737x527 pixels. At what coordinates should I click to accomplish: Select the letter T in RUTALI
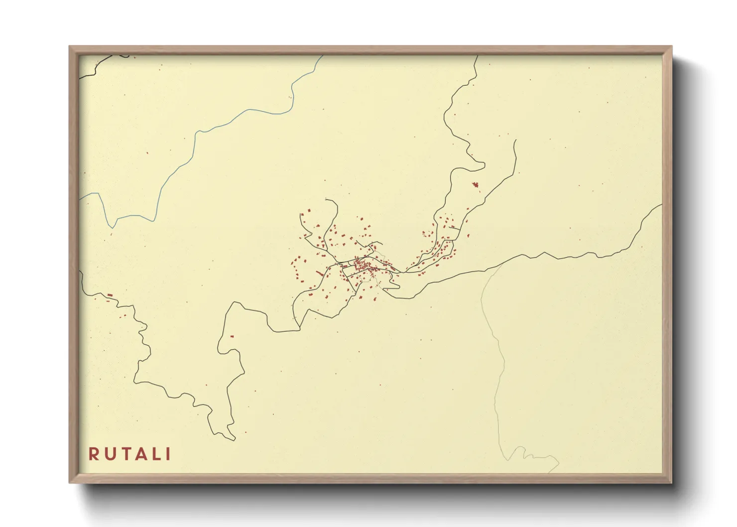[123, 454]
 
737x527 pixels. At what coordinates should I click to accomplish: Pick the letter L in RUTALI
[154, 454]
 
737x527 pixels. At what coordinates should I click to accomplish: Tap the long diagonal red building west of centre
[320, 272]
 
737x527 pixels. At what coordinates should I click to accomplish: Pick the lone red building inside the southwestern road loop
[232, 337]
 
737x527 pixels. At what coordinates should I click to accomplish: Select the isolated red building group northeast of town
[475, 185]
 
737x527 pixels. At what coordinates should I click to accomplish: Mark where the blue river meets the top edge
[322, 56]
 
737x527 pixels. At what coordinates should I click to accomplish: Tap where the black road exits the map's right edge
[661, 205]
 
